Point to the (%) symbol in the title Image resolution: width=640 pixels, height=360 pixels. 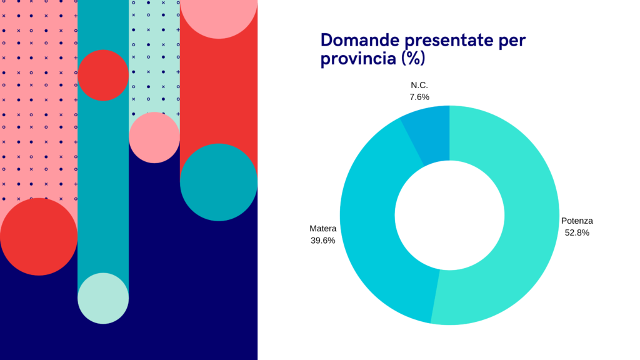pyautogui.click(x=413, y=58)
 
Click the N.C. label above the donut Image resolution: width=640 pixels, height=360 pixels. pyautogui.click(x=419, y=85)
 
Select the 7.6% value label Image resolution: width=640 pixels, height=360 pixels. pyautogui.click(x=419, y=97)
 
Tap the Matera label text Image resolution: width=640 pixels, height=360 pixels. pyautogui.click(x=323, y=229)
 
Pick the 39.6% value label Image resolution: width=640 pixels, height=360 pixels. pyautogui.click(x=323, y=241)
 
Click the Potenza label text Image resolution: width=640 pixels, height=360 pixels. pyautogui.click(x=577, y=221)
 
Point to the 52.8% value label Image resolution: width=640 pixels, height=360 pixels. pyautogui.click(x=577, y=232)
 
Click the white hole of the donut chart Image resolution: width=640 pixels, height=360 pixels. pyautogui.click(x=449, y=215)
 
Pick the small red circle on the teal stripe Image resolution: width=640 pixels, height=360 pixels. pyautogui.click(x=103, y=75)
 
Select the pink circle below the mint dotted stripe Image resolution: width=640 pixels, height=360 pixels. pyautogui.click(x=154, y=137)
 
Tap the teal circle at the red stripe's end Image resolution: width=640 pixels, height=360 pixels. pyautogui.click(x=219, y=182)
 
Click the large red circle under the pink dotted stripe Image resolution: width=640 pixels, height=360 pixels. pyautogui.click(x=39, y=237)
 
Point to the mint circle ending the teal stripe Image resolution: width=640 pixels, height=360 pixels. pyautogui.click(x=103, y=298)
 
